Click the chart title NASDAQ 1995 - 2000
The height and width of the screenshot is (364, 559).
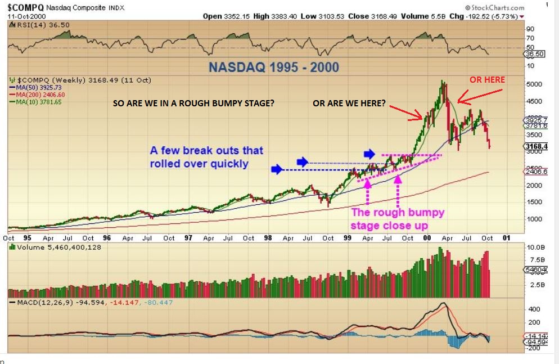[x=274, y=68]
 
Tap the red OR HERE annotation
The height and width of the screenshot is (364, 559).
[x=487, y=79]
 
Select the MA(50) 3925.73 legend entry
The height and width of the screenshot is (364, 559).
[x=38, y=88]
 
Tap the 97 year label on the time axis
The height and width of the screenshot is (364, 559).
[x=188, y=237]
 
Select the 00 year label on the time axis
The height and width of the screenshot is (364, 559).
[x=427, y=237]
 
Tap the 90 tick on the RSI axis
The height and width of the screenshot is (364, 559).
[x=530, y=28]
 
